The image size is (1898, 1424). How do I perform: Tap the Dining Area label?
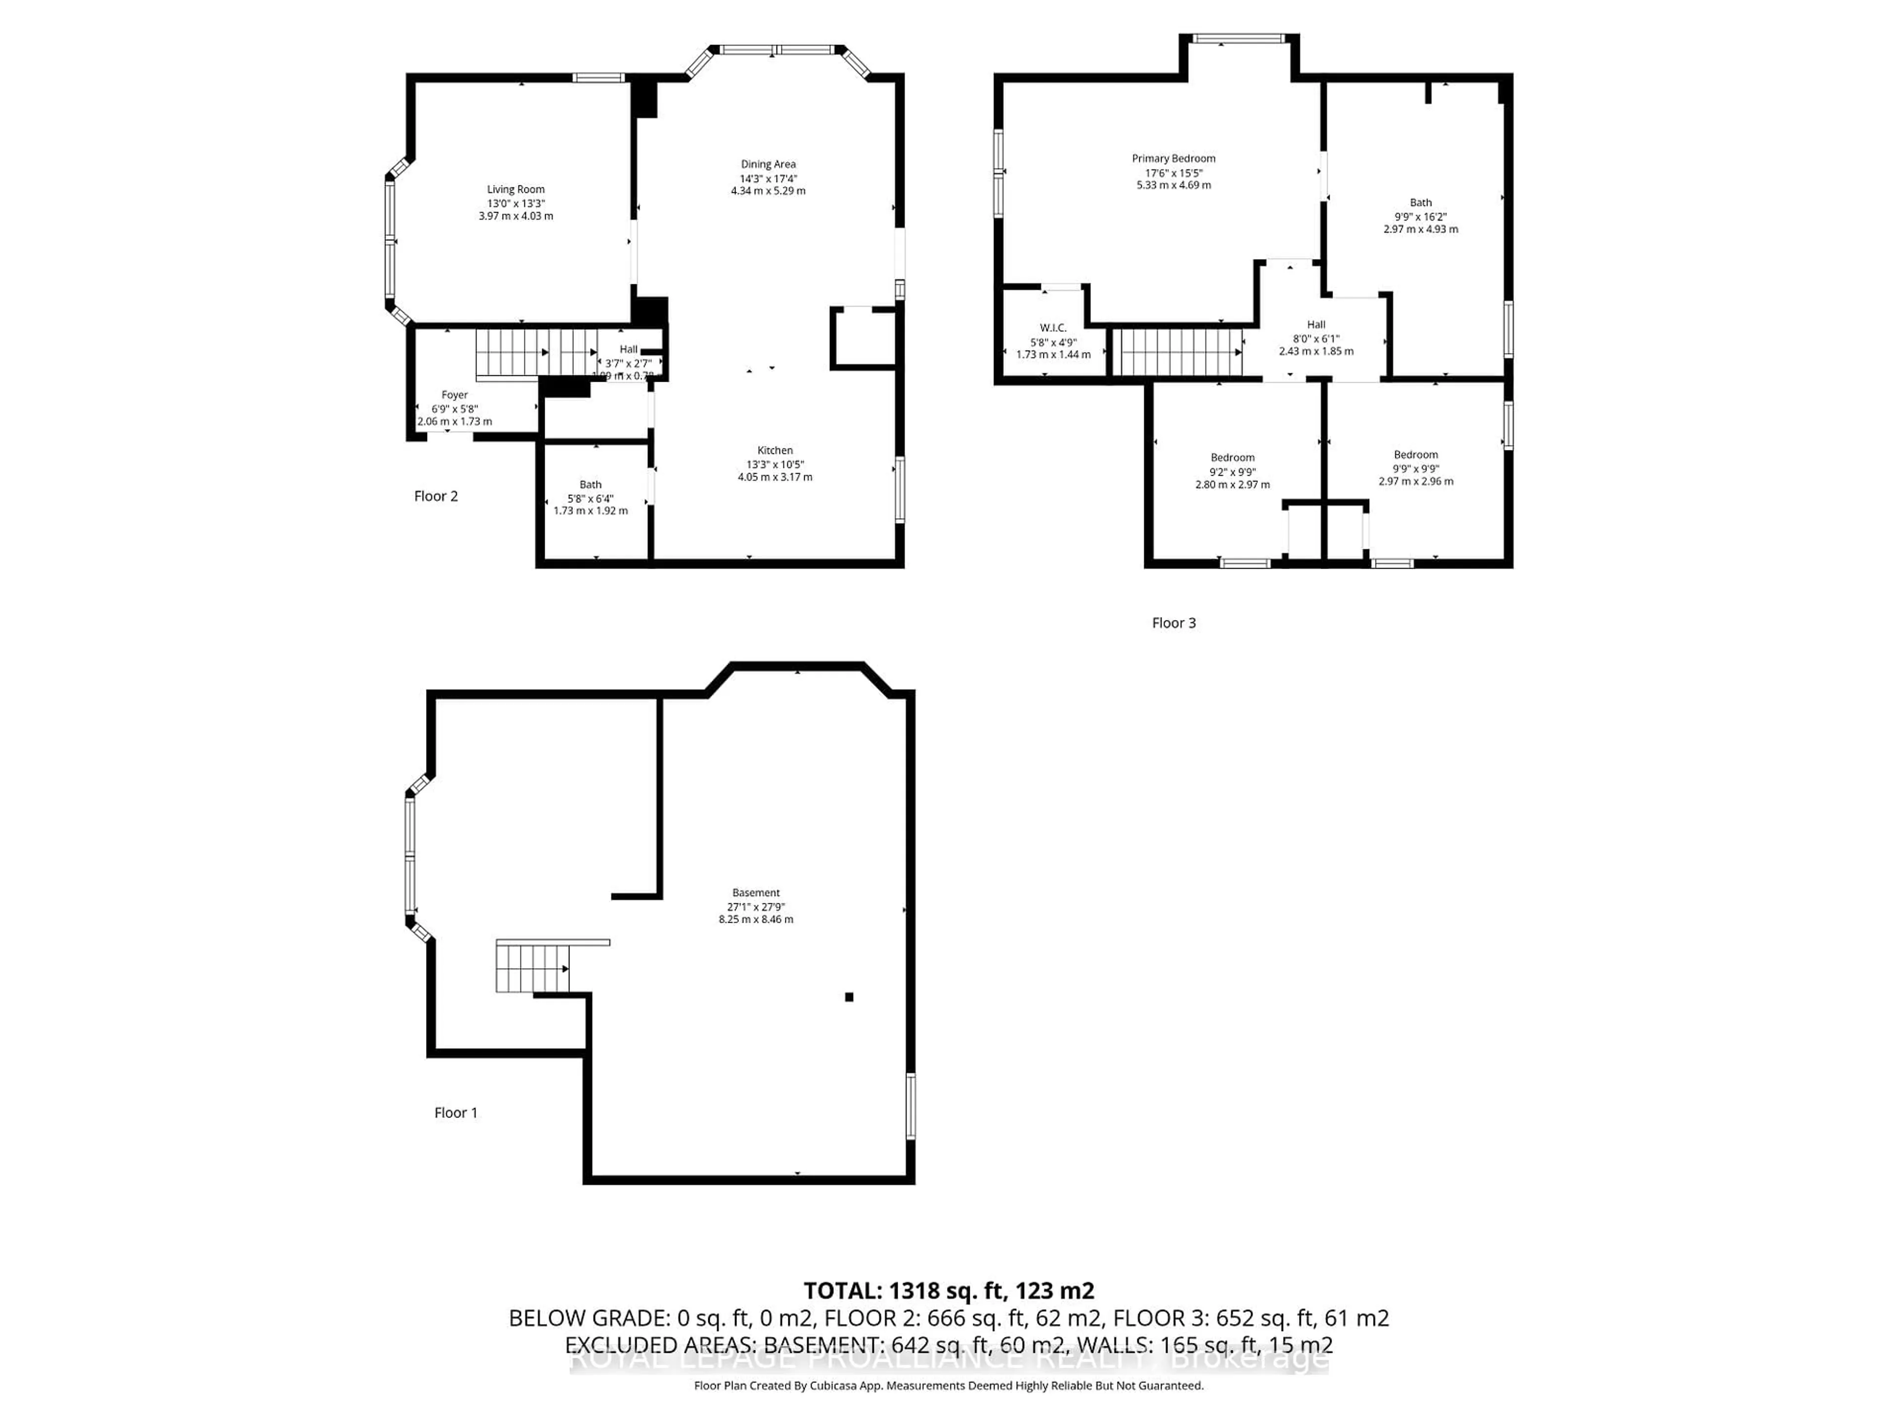(768, 164)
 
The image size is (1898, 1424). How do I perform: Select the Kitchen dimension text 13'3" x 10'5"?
(775, 464)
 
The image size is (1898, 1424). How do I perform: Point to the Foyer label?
(455, 396)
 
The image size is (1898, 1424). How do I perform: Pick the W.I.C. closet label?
(1053, 328)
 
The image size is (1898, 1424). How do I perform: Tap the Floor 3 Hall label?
(1315, 324)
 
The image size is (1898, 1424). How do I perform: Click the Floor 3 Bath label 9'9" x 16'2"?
(1420, 216)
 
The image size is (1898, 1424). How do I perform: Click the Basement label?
(756, 892)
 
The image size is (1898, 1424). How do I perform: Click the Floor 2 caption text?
(436, 496)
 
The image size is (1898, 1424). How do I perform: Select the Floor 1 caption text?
(456, 1112)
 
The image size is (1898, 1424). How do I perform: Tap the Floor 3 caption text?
(1173, 623)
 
